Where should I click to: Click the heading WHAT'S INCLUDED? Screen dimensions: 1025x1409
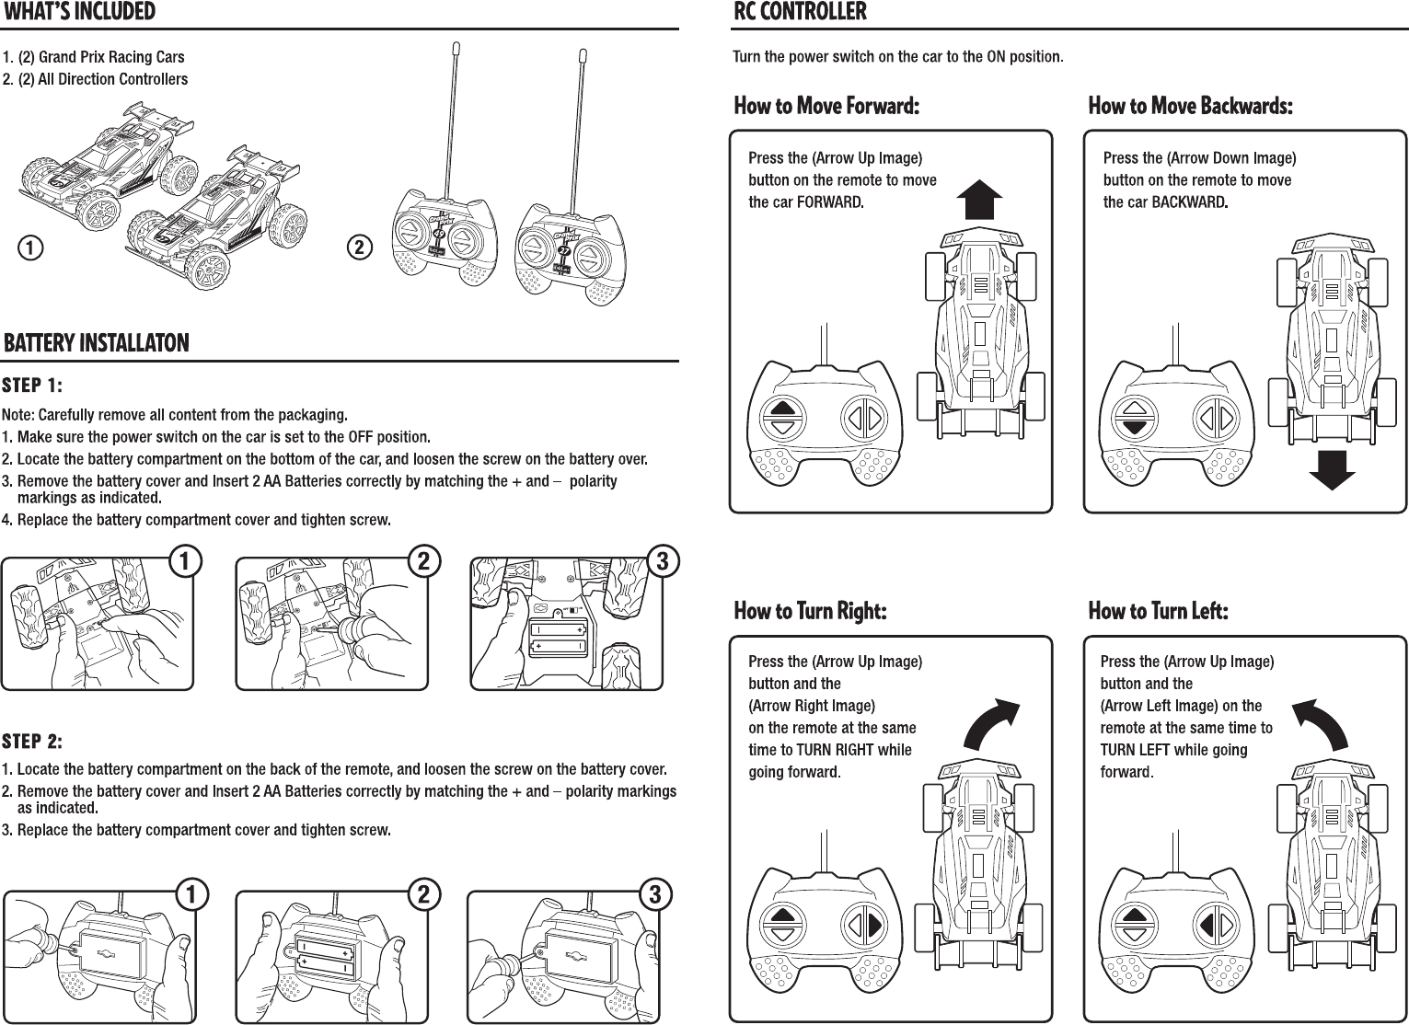point(80,12)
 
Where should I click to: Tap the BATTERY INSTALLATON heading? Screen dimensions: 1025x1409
point(97,343)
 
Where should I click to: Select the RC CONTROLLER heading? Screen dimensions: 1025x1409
point(800,12)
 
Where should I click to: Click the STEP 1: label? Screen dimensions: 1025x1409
point(32,384)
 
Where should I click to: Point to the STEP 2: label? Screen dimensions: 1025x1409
point(32,742)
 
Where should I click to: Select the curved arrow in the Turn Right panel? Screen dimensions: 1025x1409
point(992,723)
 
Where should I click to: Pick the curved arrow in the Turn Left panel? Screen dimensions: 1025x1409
point(1321,723)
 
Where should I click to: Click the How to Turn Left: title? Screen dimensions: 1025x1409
point(1158,611)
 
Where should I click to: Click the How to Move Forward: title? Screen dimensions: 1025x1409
point(826,106)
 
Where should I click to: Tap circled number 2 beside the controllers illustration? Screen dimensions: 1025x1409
point(360,247)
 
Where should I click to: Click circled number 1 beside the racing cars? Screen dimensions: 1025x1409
point(31,247)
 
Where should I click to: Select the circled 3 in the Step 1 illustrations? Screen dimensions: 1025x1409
point(663,560)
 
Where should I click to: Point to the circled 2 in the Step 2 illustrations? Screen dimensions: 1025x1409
point(422,893)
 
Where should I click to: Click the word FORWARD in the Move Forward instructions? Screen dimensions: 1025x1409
point(829,202)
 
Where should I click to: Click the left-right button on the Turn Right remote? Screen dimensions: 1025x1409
point(863,924)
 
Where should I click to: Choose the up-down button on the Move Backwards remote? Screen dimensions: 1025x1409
point(1135,417)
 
